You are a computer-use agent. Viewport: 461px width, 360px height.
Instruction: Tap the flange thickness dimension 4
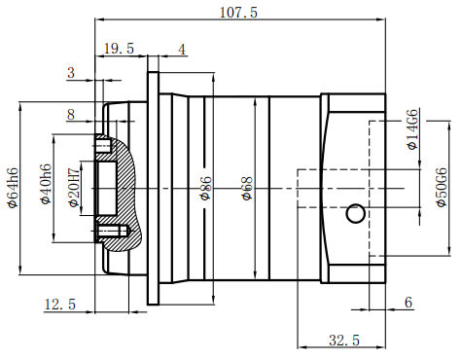pyautogui.click(x=182, y=49)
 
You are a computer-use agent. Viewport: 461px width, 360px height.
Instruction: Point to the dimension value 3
pyautogui.click(x=70, y=73)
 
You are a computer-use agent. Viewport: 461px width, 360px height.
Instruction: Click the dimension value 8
pyautogui.click(x=70, y=114)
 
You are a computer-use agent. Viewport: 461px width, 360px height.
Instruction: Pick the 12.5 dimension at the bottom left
pyautogui.click(x=59, y=305)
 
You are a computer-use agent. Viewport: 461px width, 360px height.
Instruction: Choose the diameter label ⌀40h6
pyautogui.click(x=44, y=184)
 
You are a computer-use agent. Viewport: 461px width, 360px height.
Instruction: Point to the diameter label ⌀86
pyautogui.click(x=205, y=188)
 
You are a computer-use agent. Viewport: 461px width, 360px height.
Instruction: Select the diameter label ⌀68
pyautogui.click(x=247, y=188)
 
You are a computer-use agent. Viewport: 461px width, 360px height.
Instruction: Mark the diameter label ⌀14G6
pyautogui.click(x=412, y=130)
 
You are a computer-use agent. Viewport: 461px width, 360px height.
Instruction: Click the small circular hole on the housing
pyautogui.click(x=356, y=212)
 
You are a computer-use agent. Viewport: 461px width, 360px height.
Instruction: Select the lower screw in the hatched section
pyautogui.click(x=112, y=231)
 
